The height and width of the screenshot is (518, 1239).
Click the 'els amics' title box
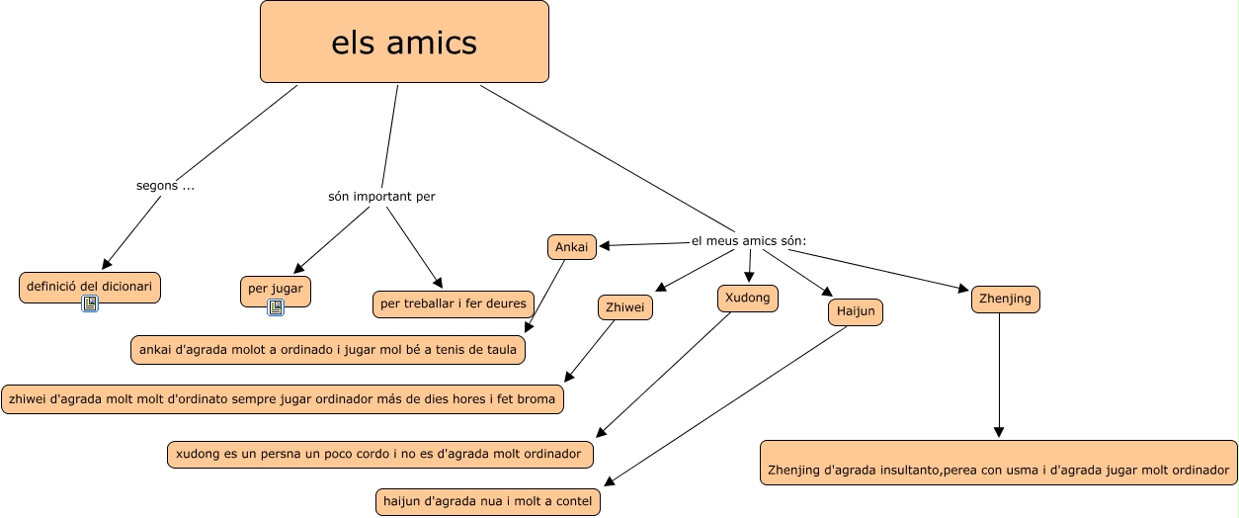tap(404, 42)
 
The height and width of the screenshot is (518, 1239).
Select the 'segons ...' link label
tap(165, 185)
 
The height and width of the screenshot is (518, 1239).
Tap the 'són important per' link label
tap(381, 197)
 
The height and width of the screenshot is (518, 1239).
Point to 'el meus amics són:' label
tap(749, 241)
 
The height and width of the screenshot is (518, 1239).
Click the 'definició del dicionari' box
tap(90, 286)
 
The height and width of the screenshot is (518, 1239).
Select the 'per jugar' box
tap(275, 290)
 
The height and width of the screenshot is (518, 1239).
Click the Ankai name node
tap(572, 247)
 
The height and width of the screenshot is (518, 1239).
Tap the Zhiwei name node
tap(625, 308)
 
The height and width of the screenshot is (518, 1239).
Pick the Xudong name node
tap(748, 298)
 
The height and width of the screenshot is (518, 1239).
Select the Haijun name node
tap(856, 312)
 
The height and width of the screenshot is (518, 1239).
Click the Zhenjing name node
tap(1005, 299)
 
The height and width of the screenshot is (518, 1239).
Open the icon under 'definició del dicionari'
tap(90, 303)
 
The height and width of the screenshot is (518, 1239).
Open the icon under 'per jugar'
tap(276, 307)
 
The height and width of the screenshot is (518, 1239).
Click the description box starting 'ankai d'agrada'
tap(328, 349)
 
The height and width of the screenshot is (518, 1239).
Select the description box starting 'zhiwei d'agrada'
tap(284, 399)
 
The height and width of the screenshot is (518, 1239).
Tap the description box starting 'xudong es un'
tap(381, 454)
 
